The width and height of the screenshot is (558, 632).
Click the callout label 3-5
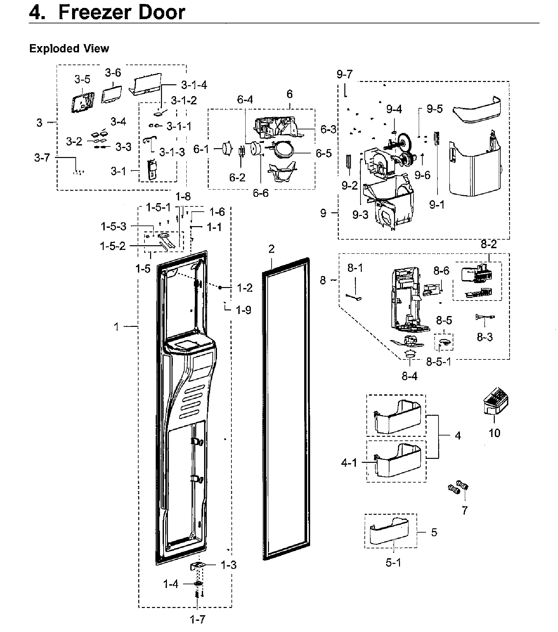pos(82,79)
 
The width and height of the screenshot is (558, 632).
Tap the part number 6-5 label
pos(324,153)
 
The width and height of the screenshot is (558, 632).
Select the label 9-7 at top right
pos(344,74)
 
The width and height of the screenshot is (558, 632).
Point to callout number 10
pos(494,433)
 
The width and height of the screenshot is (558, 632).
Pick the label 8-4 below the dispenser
pos(409,376)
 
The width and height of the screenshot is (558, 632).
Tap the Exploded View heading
pos(69,48)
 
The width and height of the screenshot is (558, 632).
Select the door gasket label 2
pos(271,249)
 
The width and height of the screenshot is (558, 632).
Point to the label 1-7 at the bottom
pos(198,619)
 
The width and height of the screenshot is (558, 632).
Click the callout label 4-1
pos(349,463)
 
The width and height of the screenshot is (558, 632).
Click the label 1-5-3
pos(113,226)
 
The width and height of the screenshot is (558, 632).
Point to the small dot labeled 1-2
pos(220,287)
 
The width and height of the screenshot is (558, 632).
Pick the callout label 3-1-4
pos(194,85)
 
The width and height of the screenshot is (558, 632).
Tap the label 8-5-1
pos(438,362)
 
